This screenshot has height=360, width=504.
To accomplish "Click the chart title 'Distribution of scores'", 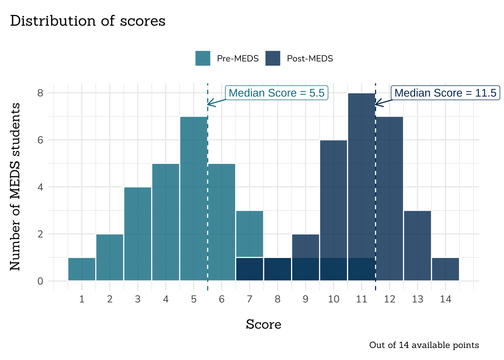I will pyautogui.click(x=87, y=21).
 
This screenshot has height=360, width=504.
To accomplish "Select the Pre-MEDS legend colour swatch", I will pyautogui.click(x=202, y=58).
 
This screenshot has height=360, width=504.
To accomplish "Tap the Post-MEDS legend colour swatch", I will pyautogui.click(x=273, y=58).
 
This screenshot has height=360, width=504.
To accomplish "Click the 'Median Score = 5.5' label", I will pyautogui.click(x=276, y=93).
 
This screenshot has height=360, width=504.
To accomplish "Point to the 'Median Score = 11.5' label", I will pyautogui.click(x=445, y=93).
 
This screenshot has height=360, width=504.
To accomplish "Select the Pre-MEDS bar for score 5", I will pyautogui.click(x=193, y=199).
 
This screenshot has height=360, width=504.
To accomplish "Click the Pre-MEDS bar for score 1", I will pyautogui.click(x=82, y=269).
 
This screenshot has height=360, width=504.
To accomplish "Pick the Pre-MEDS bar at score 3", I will pyautogui.click(x=138, y=234).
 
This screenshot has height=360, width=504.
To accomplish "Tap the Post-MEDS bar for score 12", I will pyautogui.click(x=389, y=199).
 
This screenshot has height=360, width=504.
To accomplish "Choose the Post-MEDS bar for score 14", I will pyautogui.click(x=445, y=269).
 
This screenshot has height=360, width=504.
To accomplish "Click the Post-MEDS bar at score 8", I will pyautogui.click(x=277, y=269).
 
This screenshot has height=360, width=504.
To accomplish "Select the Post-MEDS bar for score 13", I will pyautogui.click(x=417, y=246).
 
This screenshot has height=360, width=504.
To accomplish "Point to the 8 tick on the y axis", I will pyautogui.click(x=40, y=93).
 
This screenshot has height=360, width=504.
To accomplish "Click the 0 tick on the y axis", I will pyautogui.click(x=40, y=281).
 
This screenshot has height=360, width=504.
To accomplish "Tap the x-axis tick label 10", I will pyautogui.click(x=333, y=299).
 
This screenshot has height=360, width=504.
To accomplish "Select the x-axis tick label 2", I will pyautogui.click(x=109, y=299).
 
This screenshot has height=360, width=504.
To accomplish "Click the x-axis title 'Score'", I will pyautogui.click(x=263, y=324).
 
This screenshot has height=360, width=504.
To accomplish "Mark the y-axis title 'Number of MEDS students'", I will pyautogui.click(x=15, y=186).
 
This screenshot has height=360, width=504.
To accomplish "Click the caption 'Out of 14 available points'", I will pyautogui.click(x=424, y=345).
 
